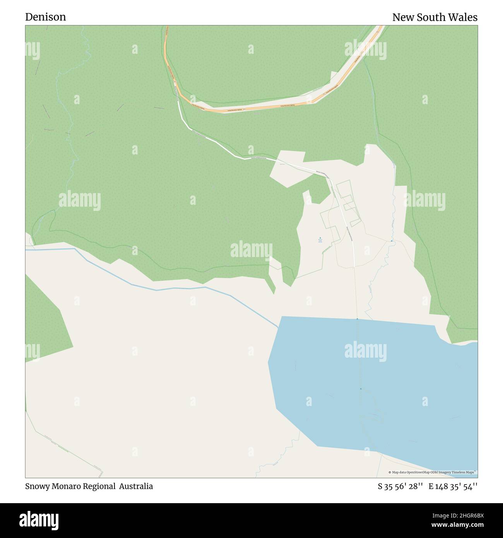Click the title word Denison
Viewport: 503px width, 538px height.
(x=46, y=17)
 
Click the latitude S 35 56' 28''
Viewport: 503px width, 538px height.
(x=400, y=486)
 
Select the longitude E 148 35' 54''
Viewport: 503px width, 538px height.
(x=453, y=486)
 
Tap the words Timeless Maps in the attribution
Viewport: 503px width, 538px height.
(x=465, y=472)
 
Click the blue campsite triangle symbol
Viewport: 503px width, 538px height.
(x=320, y=238)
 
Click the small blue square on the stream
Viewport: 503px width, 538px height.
(x=391, y=241)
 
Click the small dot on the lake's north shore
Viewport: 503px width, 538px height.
(x=357, y=319)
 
